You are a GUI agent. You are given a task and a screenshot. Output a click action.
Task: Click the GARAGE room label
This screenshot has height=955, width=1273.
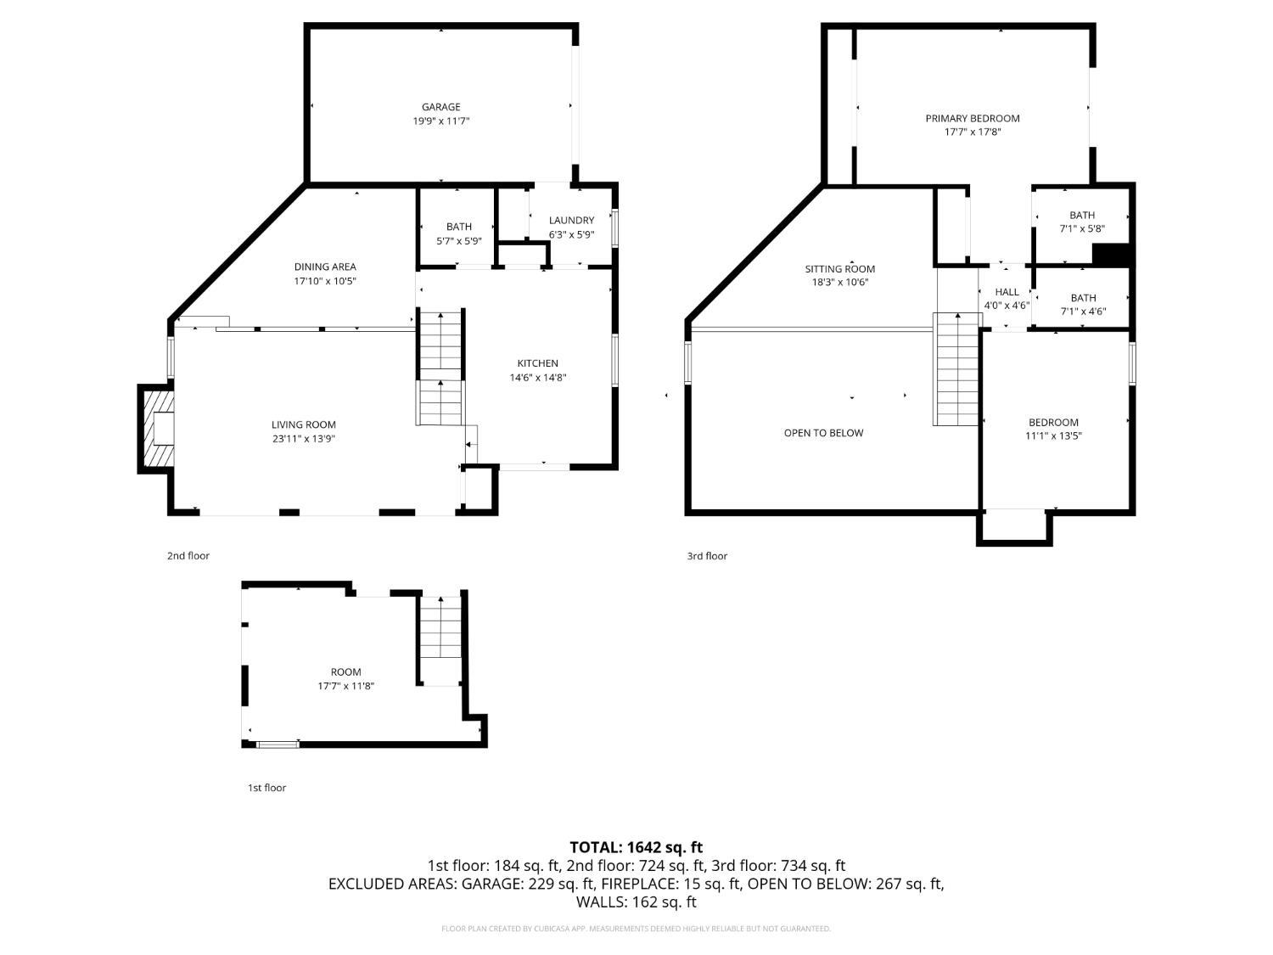tap(440, 107)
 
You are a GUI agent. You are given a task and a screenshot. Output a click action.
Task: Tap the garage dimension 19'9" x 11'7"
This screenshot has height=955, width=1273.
tap(440, 121)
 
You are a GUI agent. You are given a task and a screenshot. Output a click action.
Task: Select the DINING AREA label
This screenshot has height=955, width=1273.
tap(325, 267)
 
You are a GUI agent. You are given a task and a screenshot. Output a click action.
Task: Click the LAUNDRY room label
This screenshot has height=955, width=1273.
tap(571, 221)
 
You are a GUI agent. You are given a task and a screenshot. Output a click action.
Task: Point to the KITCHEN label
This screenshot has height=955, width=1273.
tap(537, 363)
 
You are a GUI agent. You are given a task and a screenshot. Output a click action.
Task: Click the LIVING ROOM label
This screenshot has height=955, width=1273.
tap(304, 425)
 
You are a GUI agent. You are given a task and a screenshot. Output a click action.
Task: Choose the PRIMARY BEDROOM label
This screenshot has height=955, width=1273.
tap(973, 118)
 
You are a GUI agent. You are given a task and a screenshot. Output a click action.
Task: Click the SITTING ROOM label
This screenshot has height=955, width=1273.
tap(840, 269)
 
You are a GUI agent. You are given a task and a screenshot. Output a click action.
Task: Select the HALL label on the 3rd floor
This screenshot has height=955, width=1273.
tap(1007, 292)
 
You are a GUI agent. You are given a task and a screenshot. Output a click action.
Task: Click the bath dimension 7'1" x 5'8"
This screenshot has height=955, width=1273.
tap(1082, 229)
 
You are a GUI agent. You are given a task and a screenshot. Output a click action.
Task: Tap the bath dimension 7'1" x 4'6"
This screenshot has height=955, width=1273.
tap(1084, 312)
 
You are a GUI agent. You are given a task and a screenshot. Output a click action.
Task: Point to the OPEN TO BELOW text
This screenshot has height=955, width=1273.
tap(823, 433)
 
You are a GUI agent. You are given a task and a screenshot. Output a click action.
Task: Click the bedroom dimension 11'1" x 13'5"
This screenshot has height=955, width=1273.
tap(1053, 436)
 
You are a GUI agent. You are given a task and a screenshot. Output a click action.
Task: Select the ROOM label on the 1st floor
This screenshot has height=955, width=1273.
tap(345, 672)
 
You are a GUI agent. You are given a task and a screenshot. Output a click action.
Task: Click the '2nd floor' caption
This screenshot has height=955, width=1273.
tap(188, 555)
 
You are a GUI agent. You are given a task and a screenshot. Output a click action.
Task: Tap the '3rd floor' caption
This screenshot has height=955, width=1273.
tap(707, 556)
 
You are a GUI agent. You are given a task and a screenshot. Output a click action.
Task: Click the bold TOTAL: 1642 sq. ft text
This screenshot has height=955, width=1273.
tap(636, 848)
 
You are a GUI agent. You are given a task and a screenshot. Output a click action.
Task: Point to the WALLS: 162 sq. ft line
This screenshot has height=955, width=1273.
tap(636, 902)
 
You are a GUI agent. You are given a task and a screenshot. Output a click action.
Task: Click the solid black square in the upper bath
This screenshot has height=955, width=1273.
tap(1110, 255)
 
